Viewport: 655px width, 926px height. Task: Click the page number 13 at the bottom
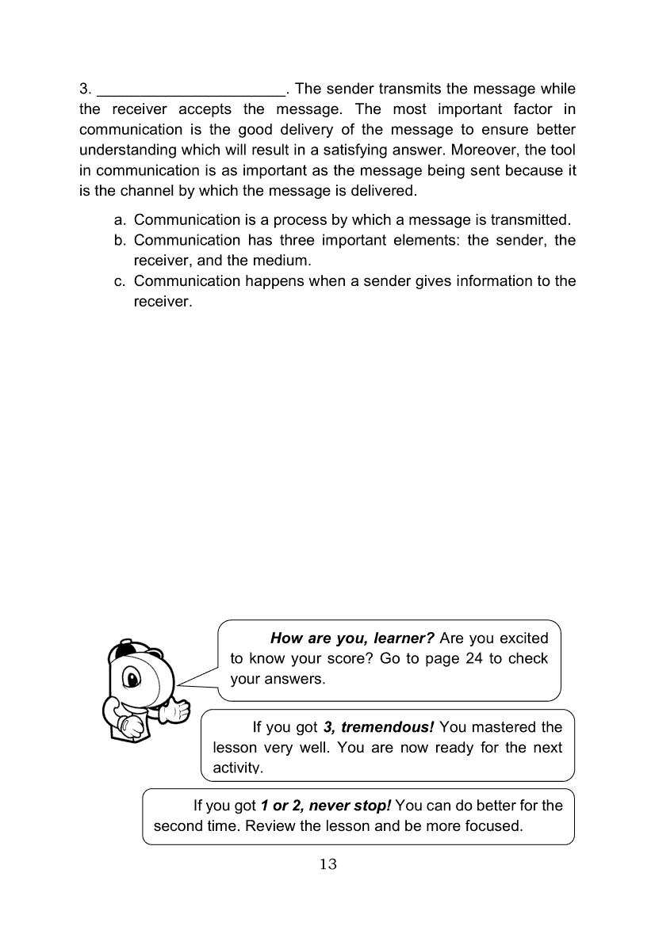tap(327, 864)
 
